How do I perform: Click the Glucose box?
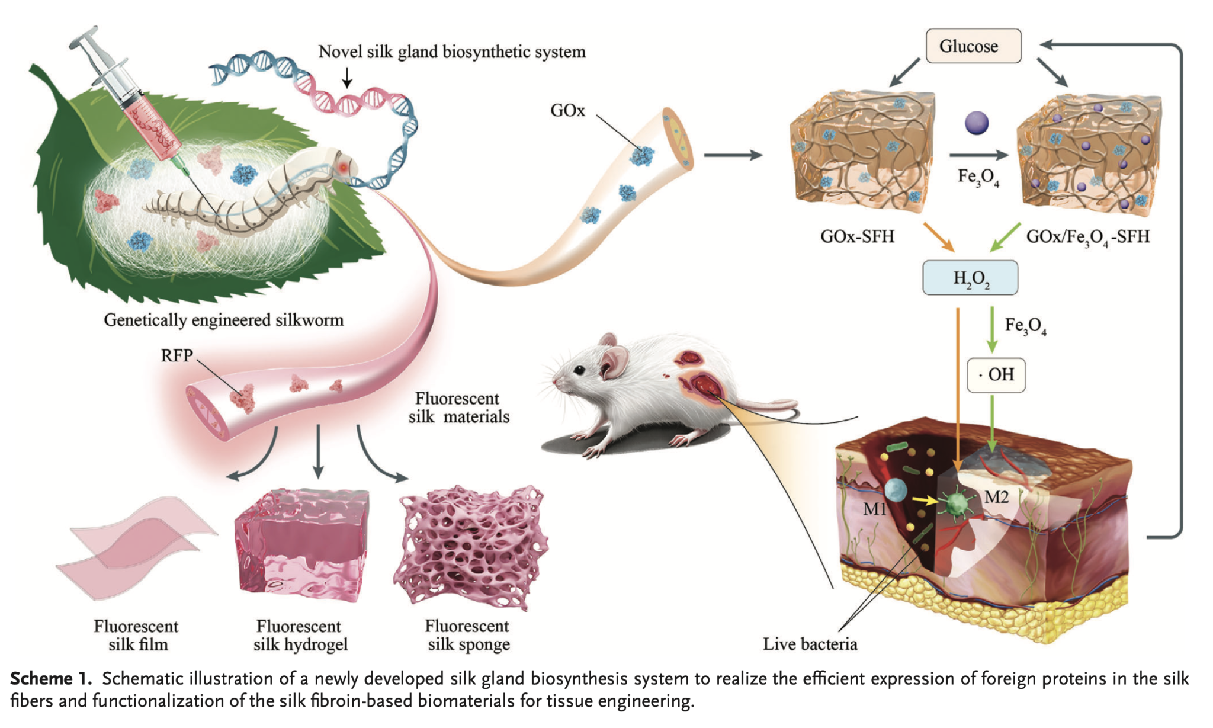click(x=973, y=46)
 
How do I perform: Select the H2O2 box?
click(x=970, y=277)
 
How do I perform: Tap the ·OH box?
click(x=996, y=374)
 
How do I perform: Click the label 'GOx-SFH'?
click(x=857, y=237)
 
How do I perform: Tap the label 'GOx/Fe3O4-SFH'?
click(x=1087, y=237)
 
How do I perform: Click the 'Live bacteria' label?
click(x=810, y=644)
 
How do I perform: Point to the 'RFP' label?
click(x=177, y=355)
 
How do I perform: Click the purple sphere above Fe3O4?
click(x=976, y=123)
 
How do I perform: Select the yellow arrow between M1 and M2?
click(x=925, y=501)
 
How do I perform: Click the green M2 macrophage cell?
click(x=955, y=504)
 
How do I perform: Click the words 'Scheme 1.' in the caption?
click(x=51, y=678)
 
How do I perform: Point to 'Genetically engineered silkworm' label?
click(x=223, y=320)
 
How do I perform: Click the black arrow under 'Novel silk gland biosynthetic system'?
click(x=347, y=77)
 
